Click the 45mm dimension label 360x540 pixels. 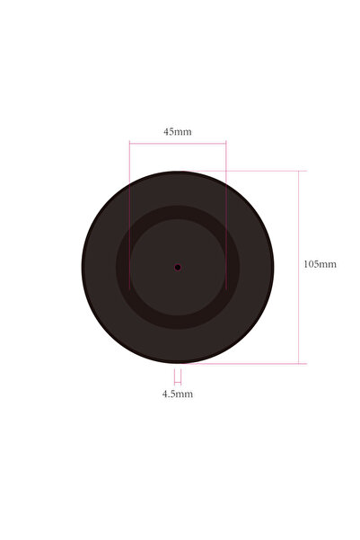click(177, 132)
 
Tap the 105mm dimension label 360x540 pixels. click(320, 264)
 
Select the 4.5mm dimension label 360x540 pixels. click(177, 394)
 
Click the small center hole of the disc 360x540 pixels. click(178, 267)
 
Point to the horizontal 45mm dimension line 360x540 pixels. click(178, 142)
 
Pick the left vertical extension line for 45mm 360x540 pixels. click(130, 216)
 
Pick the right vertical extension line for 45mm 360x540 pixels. click(226, 216)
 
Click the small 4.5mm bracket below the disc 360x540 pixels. click(178, 377)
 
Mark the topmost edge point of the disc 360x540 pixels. click(178, 172)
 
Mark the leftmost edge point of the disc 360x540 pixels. click(83, 267)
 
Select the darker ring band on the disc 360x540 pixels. click(125, 267)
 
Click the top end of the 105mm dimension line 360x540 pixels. click(299, 171)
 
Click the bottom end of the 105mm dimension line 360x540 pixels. click(299, 363)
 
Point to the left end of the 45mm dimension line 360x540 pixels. click(130, 142)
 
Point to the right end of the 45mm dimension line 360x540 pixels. click(226, 142)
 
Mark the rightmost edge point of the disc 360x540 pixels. click(273, 267)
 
